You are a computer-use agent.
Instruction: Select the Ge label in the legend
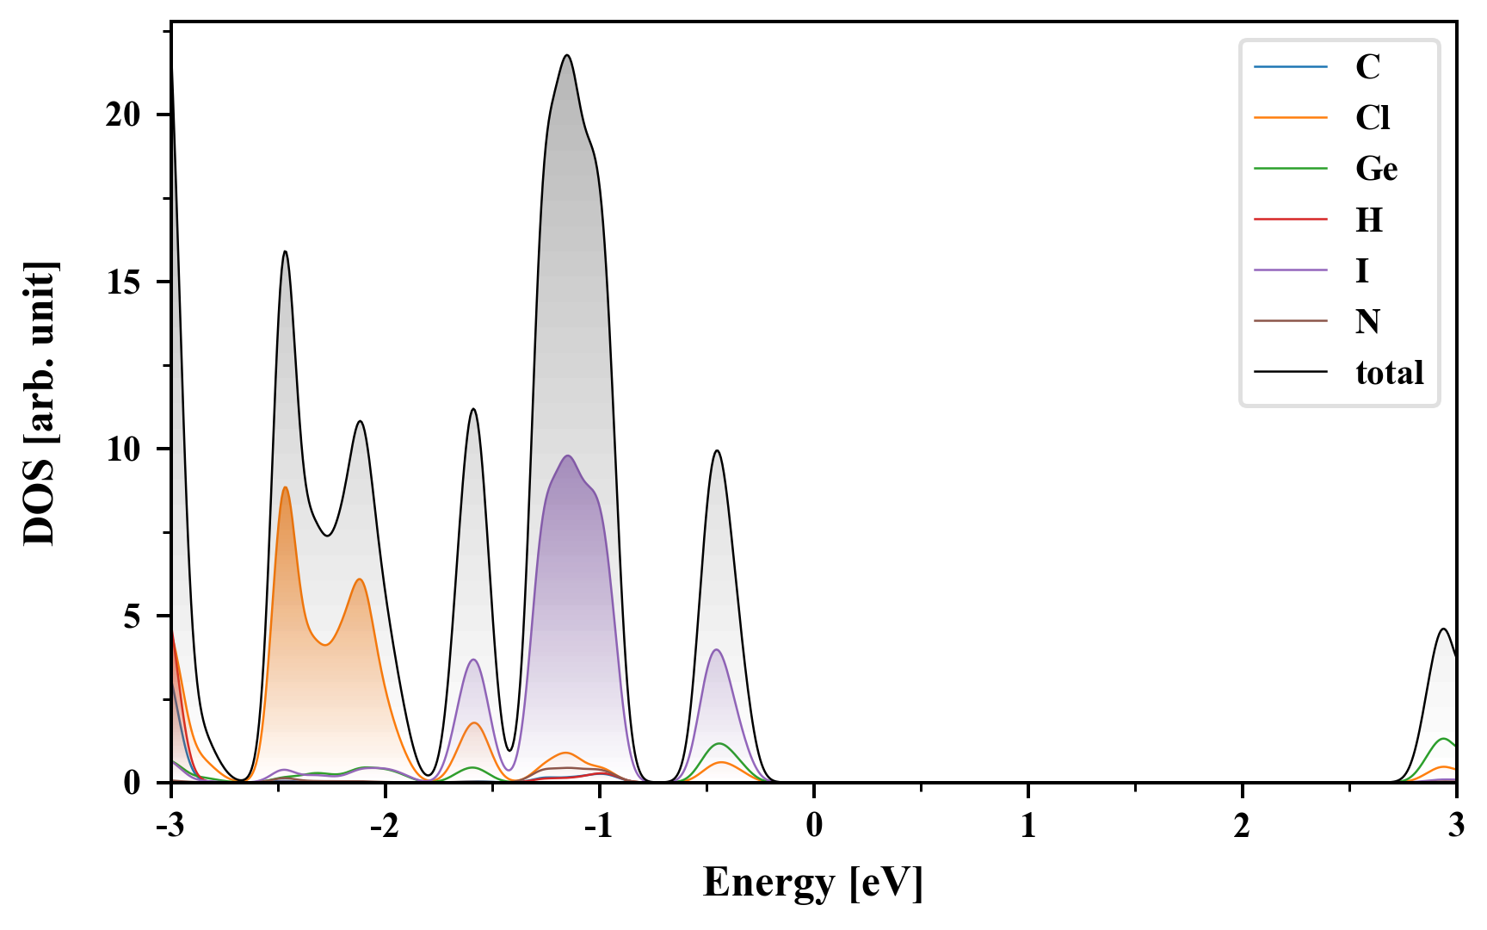coord(1376,168)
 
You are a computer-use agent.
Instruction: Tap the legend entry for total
coord(1389,372)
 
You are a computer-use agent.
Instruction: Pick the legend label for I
coord(1361,270)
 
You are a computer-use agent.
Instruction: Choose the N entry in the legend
coord(1367,321)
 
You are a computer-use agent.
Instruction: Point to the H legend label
coord(1368,220)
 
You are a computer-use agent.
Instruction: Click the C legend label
coord(1367,66)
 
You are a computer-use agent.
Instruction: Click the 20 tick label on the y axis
coord(122,115)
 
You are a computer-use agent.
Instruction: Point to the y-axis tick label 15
coord(122,282)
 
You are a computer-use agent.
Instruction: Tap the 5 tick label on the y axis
coord(131,616)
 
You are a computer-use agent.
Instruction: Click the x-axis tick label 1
coord(1027,826)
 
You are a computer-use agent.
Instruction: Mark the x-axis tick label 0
coord(814,826)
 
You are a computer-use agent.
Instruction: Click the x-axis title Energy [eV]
coord(812,883)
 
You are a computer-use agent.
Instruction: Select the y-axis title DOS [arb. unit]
coord(40,403)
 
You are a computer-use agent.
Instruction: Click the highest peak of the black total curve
coord(567,55)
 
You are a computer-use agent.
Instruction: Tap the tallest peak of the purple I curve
coord(567,456)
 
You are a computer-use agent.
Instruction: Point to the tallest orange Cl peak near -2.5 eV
coord(285,487)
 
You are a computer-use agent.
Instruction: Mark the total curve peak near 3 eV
coord(1444,629)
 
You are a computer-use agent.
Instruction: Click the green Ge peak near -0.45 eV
coord(719,743)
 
